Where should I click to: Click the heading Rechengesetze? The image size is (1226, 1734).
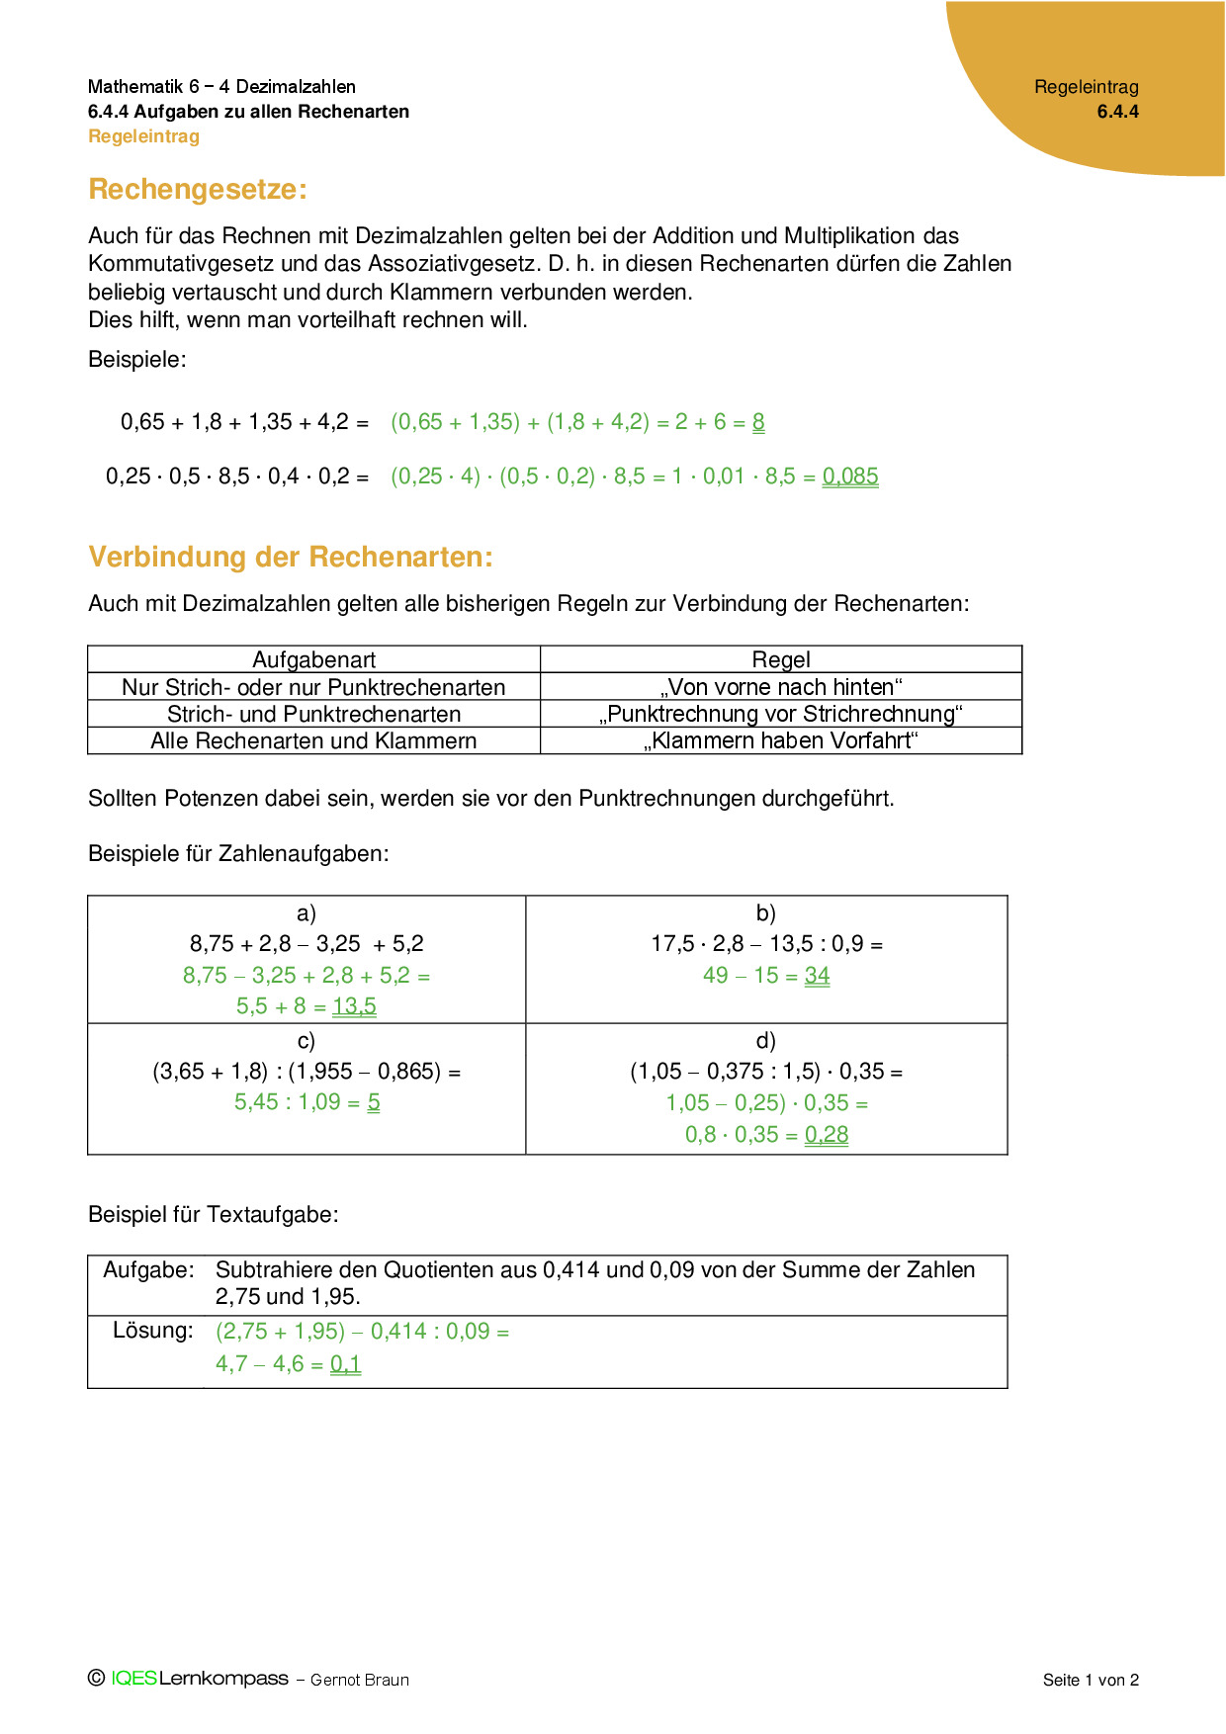pos(198,189)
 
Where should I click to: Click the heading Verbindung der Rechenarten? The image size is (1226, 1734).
pos(290,557)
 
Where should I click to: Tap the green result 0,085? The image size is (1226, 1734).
pos(850,477)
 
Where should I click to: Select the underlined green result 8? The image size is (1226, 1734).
pos(758,422)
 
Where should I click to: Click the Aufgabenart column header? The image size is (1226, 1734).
pos(313,659)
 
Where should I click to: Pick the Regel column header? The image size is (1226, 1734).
pos(780,659)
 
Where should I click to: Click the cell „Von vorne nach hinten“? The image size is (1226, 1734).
pos(780,687)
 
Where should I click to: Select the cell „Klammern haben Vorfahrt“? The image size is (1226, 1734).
pos(780,740)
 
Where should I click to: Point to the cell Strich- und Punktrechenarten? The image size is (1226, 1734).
pos(313,714)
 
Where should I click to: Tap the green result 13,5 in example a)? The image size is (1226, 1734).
pos(354,1006)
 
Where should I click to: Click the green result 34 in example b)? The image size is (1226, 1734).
pos(817,976)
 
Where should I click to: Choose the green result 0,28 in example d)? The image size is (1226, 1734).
pos(827,1135)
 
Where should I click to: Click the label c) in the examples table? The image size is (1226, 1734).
pos(306,1040)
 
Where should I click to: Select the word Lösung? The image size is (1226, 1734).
pos(153,1331)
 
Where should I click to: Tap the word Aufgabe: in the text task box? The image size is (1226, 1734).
pos(148,1270)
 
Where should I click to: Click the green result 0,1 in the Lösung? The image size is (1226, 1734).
pos(345,1364)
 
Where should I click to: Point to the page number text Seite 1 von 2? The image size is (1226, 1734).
pos(1091,1680)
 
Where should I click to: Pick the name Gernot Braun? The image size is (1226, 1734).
pos(360,1680)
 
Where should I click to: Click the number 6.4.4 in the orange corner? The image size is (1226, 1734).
pos(1117,112)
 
